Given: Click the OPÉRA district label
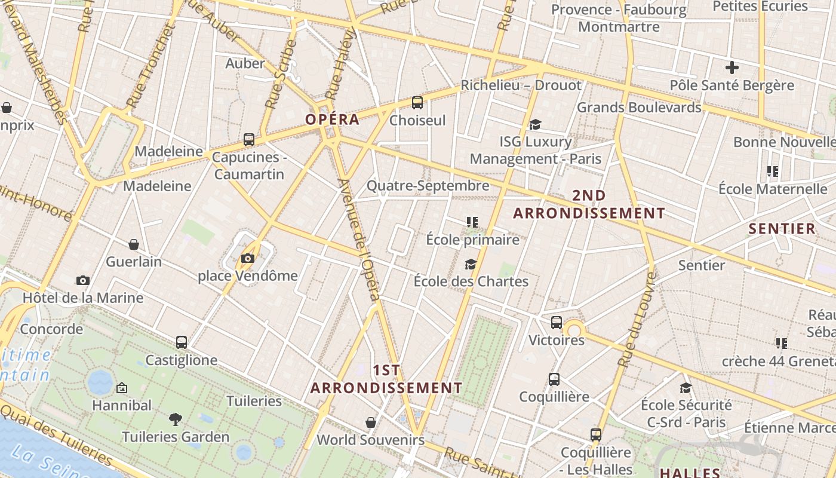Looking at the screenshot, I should click(333, 119).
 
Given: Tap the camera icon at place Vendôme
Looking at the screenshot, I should click(248, 258).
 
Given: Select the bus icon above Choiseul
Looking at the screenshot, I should click(417, 103).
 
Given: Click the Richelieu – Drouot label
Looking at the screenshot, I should click(521, 85).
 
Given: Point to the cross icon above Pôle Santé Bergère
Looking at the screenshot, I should click(732, 68).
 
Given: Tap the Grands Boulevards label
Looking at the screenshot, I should click(638, 108).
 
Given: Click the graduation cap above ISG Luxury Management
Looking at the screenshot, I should click(535, 124).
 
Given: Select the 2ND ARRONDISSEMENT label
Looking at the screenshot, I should click(589, 204).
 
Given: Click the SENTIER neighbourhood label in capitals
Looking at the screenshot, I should click(782, 228).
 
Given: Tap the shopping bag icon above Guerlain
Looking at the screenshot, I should click(134, 244).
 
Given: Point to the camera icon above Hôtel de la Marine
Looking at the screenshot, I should click(83, 280).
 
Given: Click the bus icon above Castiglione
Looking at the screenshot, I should click(182, 342).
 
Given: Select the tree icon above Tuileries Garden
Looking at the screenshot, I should click(176, 419).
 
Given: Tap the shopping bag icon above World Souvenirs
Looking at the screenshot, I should click(371, 422).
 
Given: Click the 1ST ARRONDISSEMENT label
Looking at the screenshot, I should click(386, 379).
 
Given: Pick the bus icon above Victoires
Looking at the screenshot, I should click(557, 323).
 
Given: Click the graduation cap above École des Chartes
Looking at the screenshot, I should click(471, 264).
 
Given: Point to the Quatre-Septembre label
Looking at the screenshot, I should click(428, 186).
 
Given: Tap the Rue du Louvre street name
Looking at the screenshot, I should click(638, 320).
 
